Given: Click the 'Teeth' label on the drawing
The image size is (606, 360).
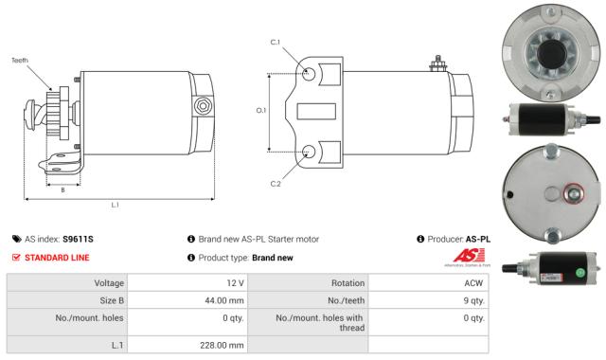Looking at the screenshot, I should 20,61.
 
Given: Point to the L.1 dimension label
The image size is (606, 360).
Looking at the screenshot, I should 115,205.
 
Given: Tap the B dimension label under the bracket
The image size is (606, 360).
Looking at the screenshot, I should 62,189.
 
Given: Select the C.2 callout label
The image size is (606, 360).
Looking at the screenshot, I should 276,183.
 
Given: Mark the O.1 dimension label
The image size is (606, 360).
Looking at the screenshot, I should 261,111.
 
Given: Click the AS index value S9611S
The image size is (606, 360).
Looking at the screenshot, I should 78,240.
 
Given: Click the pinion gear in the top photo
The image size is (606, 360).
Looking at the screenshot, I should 549,52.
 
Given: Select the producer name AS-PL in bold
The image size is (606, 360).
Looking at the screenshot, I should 478,240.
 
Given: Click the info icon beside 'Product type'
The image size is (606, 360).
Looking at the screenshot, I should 191,258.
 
